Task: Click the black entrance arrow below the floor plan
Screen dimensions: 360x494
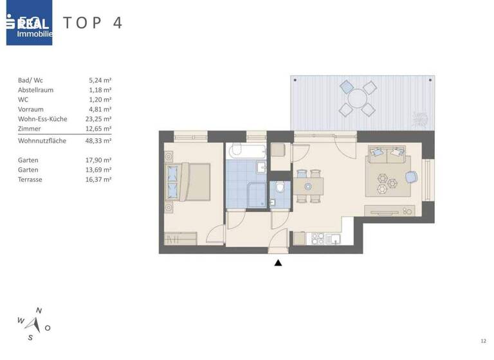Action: pos(278,262)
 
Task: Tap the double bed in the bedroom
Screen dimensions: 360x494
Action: pos(187,183)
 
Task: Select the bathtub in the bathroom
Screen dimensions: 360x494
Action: pos(246,151)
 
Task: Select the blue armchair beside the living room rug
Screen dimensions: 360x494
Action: pos(410,177)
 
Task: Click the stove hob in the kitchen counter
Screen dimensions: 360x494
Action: pos(317,239)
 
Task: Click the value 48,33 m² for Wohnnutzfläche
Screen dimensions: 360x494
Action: pos(100,140)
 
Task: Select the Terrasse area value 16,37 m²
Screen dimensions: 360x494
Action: pos(100,179)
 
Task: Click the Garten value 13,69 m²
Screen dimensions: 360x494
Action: pos(100,170)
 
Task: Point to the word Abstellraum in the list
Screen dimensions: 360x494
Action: pos(36,90)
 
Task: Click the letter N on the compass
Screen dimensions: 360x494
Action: pos(39,310)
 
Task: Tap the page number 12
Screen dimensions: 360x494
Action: pos(483,340)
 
